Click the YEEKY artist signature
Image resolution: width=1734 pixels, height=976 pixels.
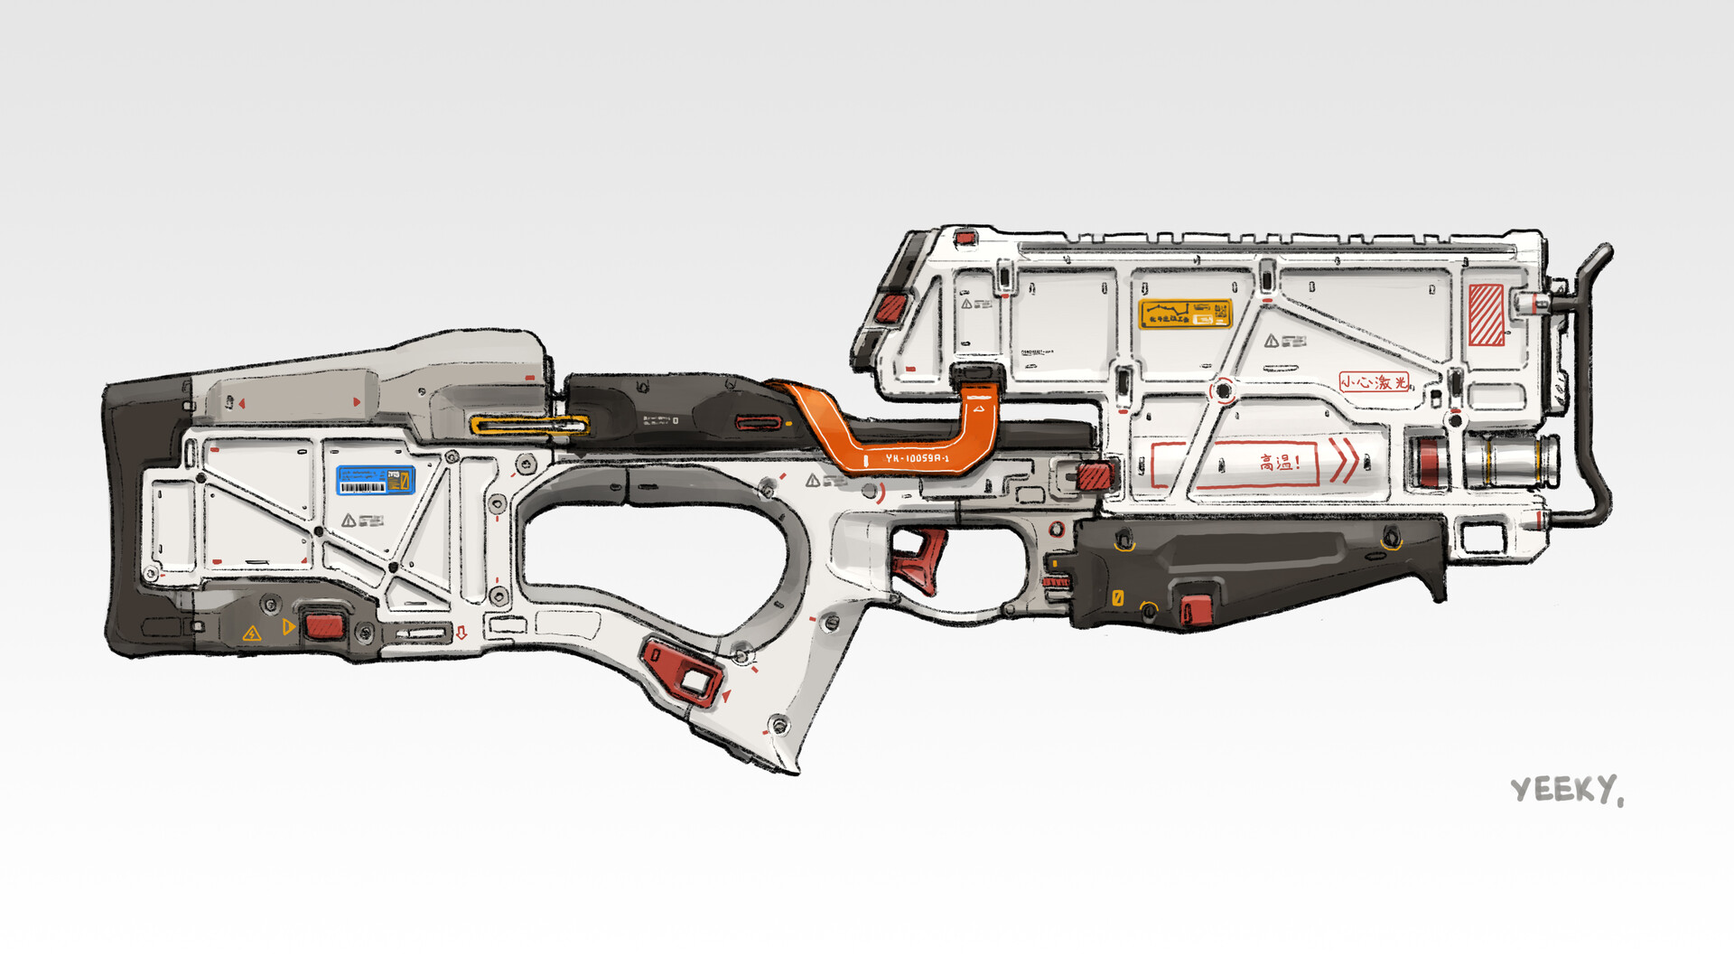pyautogui.click(x=1566, y=790)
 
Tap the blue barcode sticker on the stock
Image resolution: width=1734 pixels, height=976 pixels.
pyautogui.click(x=375, y=480)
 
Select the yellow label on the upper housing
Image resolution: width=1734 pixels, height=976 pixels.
pyautogui.click(x=1185, y=314)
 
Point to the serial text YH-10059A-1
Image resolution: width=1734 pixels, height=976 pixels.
pyautogui.click(x=916, y=459)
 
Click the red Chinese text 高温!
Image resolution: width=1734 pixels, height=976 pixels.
pyautogui.click(x=1280, y=463)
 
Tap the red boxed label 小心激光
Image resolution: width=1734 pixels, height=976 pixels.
pyautogui.click(x=1374, y=382)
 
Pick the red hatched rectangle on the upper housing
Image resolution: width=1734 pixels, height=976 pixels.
pyautogui.click(x=1486, y=314)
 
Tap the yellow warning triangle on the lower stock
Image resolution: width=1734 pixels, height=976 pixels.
pyautogui.click(x=252, y=633)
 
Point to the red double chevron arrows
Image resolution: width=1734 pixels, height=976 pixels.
pyautogui.click(x=1343, y=460)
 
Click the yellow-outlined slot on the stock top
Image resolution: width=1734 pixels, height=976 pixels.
pyautogui.click(x=528, y=425)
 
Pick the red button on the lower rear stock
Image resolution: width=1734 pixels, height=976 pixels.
pyautogui.click(x=321, y=625)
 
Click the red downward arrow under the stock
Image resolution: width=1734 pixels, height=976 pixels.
pyautogui.click(x=461, y=633)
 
